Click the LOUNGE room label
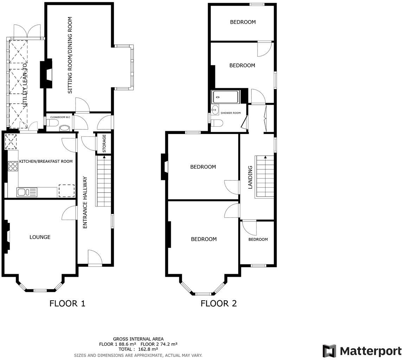click(x=40, y=237)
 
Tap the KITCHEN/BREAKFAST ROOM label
click(x=46, y=161)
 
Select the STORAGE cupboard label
click(x=104, y=143)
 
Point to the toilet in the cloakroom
click(x=53, y=123)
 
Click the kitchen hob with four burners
click(x=13, y=166)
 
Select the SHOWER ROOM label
click(x=231, y=113)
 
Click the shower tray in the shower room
click(x=225, y=97)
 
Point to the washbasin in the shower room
click(x=215, y=110)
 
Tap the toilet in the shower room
click(x=218, y=123)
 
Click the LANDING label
click(x=251, y=178)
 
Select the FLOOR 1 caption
click(x=67, y=303)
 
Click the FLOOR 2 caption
click(x=219, y=303)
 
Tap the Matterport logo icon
click(x=329, y=351)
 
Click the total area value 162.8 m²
click(x=149, y=349)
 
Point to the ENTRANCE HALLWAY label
click(x=85, y=202)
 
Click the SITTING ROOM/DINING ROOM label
click(x=70, y=55)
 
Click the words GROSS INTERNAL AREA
click(x=138, y=339)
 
